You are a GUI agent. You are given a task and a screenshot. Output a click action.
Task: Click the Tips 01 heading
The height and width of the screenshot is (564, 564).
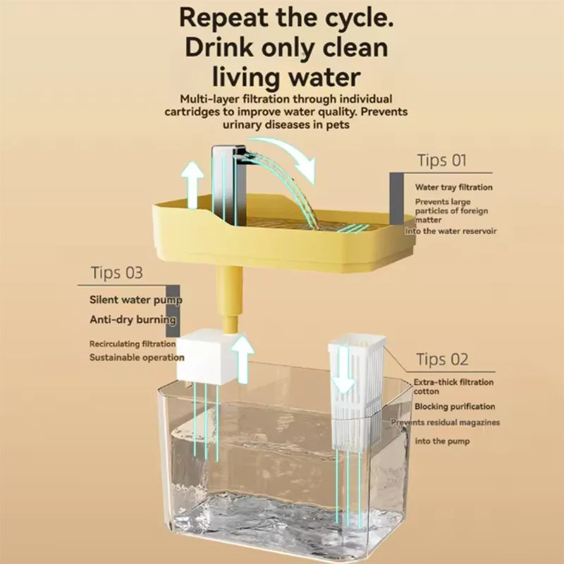click(442, 160)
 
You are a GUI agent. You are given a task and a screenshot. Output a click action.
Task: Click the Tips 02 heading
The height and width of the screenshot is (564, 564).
click(443, 359)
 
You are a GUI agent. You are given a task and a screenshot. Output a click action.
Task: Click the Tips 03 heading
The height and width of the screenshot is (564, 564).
click(116, 273)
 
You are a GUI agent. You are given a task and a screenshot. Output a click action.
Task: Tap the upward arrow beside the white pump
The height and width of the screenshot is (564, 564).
click(243, 360)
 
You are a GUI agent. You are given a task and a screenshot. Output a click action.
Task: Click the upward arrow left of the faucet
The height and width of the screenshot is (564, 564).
click(192, 185)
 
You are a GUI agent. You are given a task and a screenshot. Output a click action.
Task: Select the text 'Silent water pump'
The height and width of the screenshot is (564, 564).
click(136, 300)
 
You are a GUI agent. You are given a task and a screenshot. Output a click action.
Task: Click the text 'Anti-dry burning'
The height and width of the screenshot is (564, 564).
click(133, 319)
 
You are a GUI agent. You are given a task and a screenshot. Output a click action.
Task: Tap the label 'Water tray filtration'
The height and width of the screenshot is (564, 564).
click(453, 187)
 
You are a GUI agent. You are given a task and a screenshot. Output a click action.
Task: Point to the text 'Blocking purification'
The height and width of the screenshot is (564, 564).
click(455, 407)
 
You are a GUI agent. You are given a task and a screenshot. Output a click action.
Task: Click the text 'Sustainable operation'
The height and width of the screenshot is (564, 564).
click(137, 357)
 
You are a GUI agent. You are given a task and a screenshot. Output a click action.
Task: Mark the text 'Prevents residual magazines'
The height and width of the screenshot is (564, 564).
click(446, 422)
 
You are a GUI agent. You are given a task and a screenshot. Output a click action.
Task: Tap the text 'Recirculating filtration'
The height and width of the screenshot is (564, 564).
click(133, 344)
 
